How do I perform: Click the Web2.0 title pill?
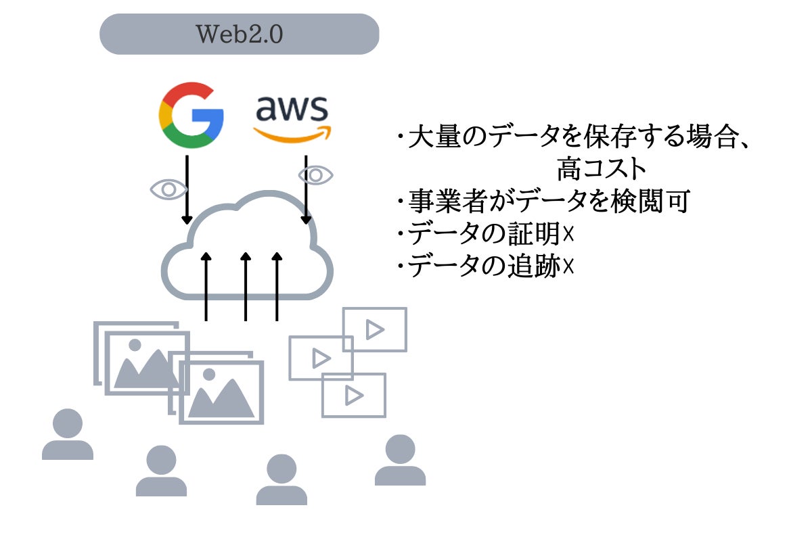coord(239,34)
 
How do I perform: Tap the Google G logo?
coord(191,116)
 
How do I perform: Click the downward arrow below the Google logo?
coord(187,189)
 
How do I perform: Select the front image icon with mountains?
coord(221,392)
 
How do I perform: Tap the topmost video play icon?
coord(374,329)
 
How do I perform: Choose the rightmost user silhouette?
coord(400,460)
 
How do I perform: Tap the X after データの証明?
coord(568,234)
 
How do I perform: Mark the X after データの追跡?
coord(568,267)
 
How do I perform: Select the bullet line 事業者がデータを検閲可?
coord(543,202)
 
